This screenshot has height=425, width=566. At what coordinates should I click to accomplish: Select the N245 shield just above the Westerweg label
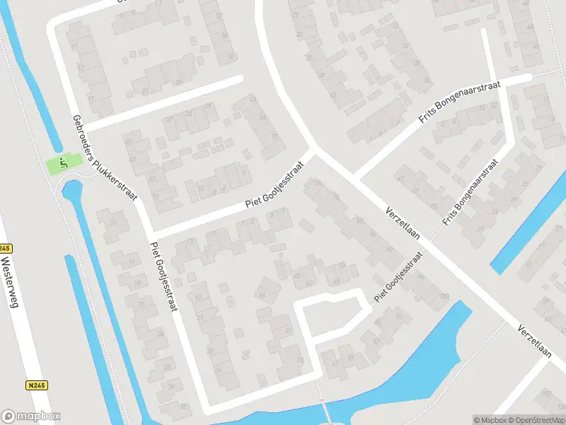[5, 249]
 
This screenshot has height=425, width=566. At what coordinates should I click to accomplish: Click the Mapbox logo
[31, 416]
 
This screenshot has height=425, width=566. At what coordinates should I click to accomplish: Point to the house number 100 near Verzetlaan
[444, 297]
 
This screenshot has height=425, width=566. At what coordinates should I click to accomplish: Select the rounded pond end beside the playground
[70, 190]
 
